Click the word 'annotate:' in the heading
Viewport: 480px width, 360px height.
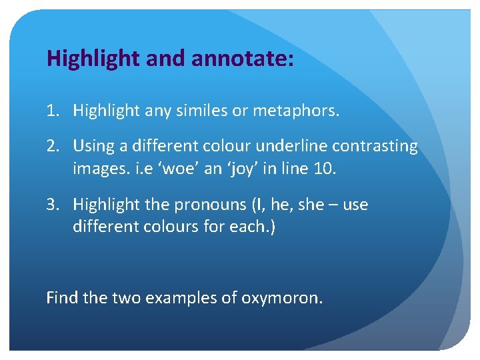click(242, 59)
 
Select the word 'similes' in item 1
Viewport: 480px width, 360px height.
click(200, 110)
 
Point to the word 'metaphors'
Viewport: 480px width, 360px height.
click(297, 110)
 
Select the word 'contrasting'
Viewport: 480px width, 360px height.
click(375, 145)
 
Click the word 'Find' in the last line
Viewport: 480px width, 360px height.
click(62, 297)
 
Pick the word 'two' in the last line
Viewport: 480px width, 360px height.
click(121, 297)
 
